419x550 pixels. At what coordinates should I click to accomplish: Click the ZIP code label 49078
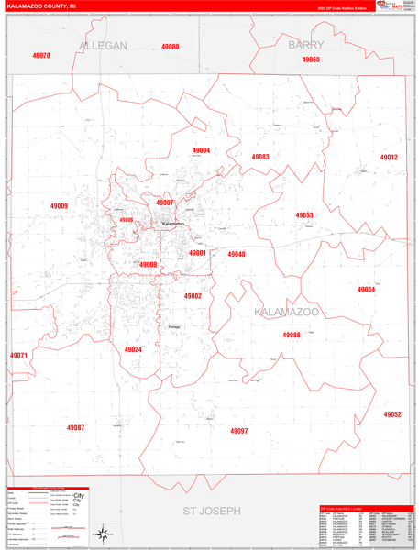click(40, 56)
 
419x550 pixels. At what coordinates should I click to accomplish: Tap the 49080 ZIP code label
click(171, 47)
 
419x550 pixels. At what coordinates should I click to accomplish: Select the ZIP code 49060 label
click(311, 60)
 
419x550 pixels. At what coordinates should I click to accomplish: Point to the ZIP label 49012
click(390, 158)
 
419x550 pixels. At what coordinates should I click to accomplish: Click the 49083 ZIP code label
click(260, 157)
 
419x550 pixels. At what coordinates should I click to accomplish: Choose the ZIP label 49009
click(59, 206)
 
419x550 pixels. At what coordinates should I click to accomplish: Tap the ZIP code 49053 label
click(304, 215)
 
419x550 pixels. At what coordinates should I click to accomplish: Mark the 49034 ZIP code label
click(366, 290)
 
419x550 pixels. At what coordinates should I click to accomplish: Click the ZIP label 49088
click(292, 335)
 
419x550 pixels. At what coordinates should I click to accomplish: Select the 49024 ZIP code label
click(133, 349)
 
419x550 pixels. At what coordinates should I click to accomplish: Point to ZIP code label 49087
click(75, 427)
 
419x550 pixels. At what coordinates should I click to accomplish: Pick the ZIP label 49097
click(238, 430)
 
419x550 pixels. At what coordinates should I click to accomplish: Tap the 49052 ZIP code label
click(392, 414)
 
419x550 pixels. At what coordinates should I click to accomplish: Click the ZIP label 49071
click(18, 355)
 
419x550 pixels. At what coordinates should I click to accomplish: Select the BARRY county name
click(306, 44)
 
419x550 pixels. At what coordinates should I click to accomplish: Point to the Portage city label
click(175, 326)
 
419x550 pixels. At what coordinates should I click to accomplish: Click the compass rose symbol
click(105, 532)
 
